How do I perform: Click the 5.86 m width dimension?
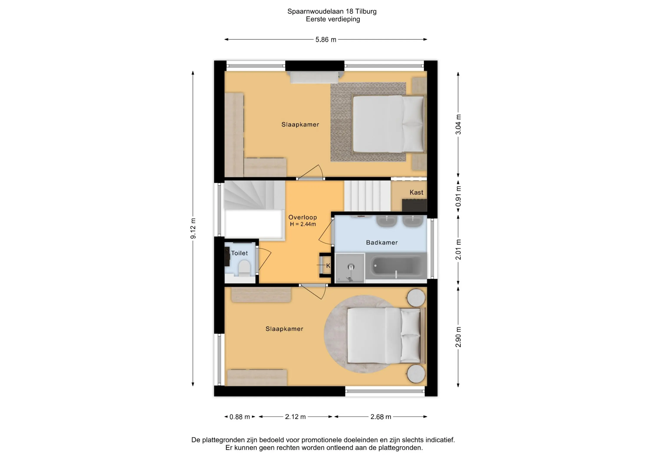(x=326, y=40)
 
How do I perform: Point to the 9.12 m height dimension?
(x=193, y=228)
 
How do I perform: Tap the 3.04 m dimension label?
(x=458, y=124)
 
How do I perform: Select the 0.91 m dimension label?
(x=458, y=196)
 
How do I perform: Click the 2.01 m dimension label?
(x=458, y=250)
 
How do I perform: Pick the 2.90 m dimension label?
(x=458, y=337)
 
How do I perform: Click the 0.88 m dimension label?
(x=240, y=417)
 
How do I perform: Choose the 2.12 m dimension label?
(x=295, y=417)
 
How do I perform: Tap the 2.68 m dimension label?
(x=381, y=417)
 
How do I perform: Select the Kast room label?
(x=416, y=192)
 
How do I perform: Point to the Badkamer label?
(x=382, y=243)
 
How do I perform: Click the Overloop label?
(x=302, y=217)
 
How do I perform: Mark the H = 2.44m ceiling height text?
(x=303, y=224)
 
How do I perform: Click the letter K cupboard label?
(x=328, y=266)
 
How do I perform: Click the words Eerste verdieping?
(x=333, y=19)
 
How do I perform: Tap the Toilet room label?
(x=239, y=253)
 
